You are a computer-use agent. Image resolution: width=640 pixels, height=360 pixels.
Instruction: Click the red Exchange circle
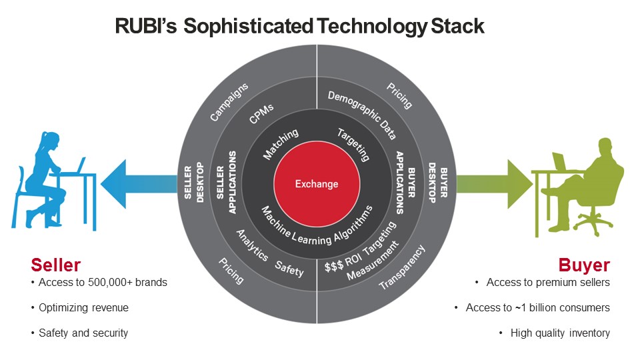pyautogui.click(x=317, y=183)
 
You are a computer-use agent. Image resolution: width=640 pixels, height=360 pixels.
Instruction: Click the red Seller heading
pyautogui.click(x=55, y=265)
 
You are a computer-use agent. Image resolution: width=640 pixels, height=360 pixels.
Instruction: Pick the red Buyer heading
pyautogui.click(x=584, y=265)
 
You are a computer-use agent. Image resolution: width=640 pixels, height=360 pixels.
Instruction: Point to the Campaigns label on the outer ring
pyautogui.click(x=229, y=102)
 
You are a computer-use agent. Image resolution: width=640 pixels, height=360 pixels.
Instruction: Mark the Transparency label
pyautogui.click(x=401, y=267)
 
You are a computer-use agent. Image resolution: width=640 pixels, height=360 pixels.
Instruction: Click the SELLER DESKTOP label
pyautogui.click(x=194, y=183)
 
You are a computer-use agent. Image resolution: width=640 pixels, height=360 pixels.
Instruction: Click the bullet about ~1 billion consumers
pyautogui.click(x=537, y=307)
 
